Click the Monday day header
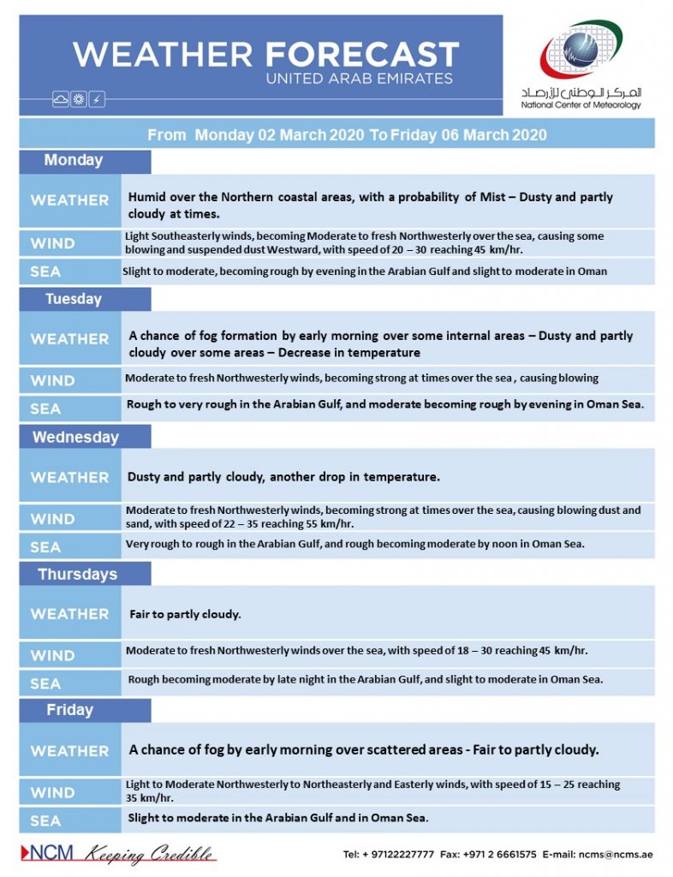(74, 161)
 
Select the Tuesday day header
(74, 299)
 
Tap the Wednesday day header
(75, 437)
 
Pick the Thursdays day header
(77, 574)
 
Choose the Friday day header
(70, 710)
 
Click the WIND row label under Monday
(53, 243)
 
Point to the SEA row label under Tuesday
(46, 409)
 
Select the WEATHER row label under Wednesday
(69, 477)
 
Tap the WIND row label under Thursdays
(53, 656)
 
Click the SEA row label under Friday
(46, 821)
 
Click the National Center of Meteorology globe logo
(580, 51)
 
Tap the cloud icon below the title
(61, 100)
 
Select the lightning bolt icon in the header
(97, 100)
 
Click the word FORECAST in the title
(361, 55)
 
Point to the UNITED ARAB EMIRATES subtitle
(360, 79)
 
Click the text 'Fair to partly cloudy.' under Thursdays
(185, 615)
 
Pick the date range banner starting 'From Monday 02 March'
(347, 135)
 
